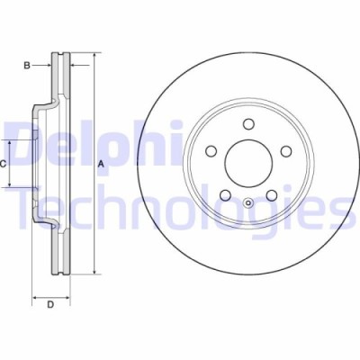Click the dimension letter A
coord(102,163)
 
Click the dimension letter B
coord(28,65)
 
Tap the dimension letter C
coord(4,163)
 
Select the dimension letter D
coord(50,305)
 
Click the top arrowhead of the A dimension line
coord(94,56)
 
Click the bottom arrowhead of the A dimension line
coord(94,271)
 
